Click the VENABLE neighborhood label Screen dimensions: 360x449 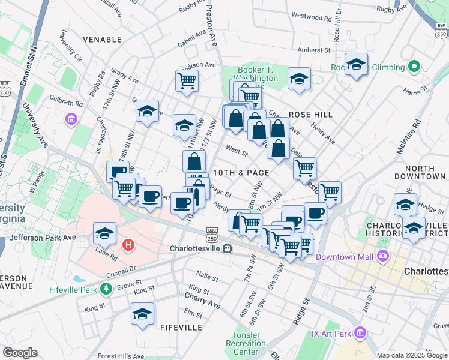coord(102,40)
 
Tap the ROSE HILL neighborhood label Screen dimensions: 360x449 coord(310,114)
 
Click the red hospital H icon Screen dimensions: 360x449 coord(127,245)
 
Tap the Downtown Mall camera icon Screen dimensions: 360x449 coord(382,257)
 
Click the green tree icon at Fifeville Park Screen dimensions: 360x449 coord(106,290)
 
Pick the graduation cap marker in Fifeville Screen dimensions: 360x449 coord(142,314)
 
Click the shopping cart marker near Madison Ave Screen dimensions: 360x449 coord(187,80)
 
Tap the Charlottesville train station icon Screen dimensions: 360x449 coord(228,248)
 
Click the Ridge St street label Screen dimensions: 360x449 coord(300,311)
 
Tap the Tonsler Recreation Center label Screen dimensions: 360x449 coord(246,343)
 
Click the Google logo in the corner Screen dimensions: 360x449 coord(20,353)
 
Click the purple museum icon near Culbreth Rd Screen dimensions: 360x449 coord(71,119)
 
